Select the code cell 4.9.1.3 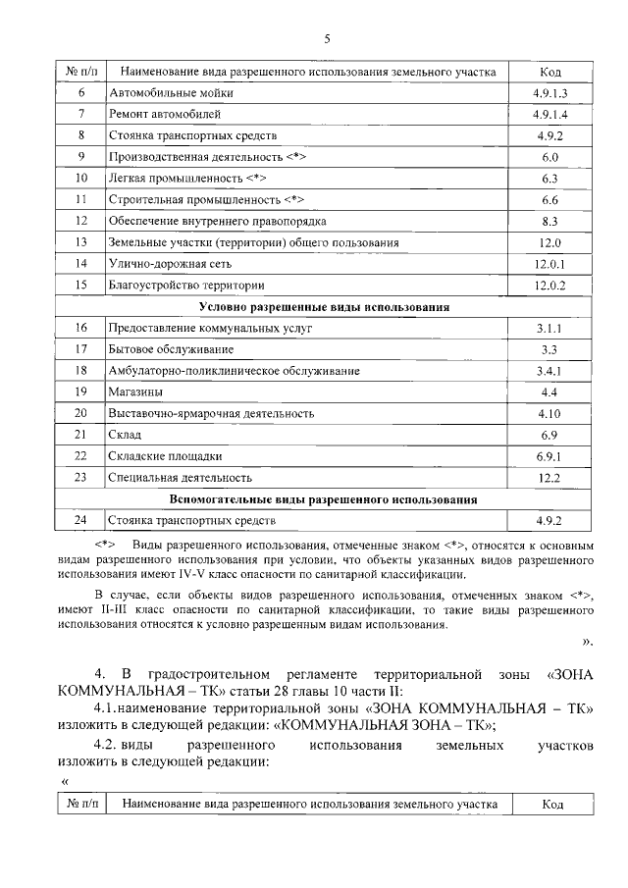549,93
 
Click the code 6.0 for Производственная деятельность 549,157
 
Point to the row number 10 81,179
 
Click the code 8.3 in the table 549,221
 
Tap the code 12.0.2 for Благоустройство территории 549,286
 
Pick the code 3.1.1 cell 549,328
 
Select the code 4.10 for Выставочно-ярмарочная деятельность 549,413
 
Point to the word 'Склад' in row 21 126,435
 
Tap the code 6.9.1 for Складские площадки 549,456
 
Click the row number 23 81,478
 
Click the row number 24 81,520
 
